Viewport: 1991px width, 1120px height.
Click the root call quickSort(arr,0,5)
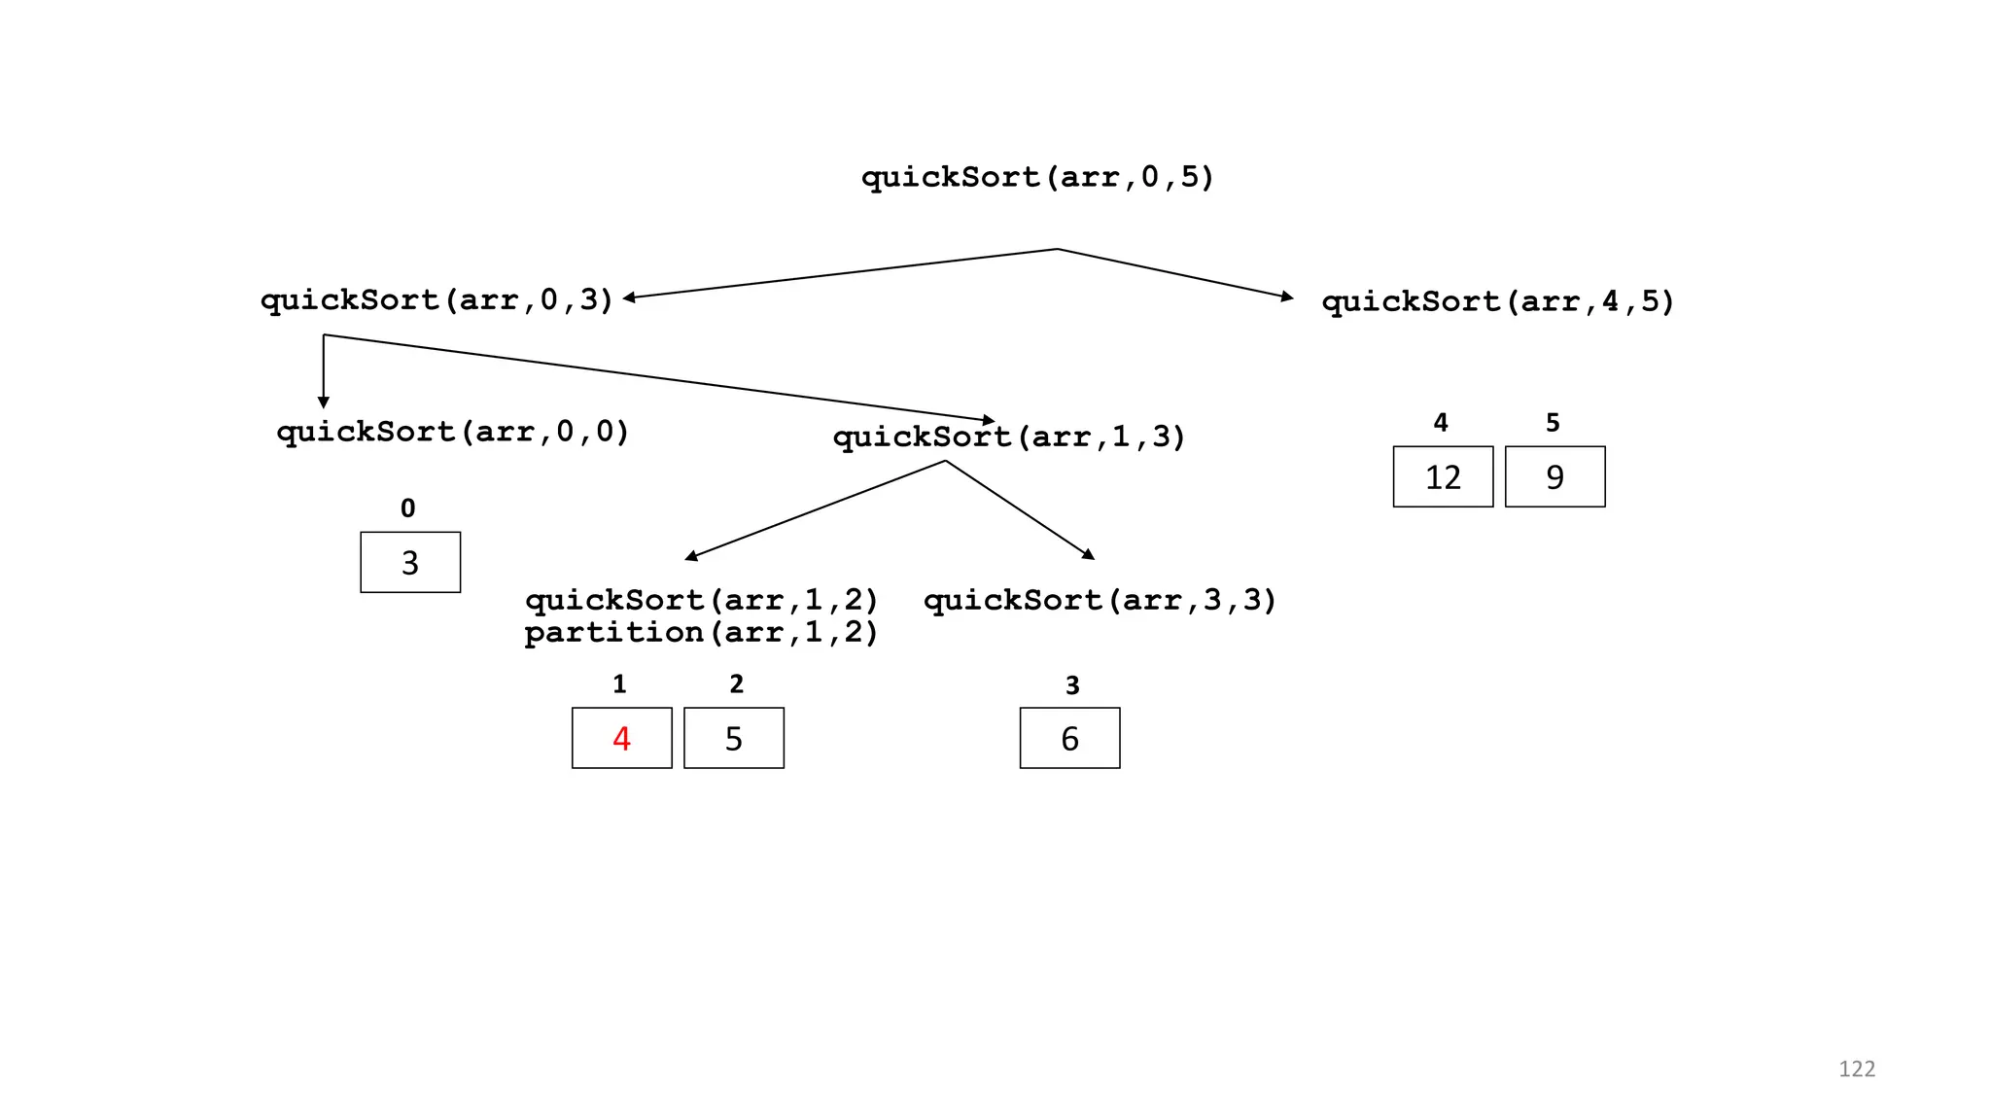[1037, 177]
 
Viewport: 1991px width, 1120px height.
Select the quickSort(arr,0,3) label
[437, 299]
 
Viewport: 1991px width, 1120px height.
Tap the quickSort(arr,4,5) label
[1497, 301]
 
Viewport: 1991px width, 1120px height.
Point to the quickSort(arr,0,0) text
[453, 431]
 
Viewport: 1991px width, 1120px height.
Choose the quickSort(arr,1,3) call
[1009, 437]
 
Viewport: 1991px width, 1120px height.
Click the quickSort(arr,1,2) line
[701, 599]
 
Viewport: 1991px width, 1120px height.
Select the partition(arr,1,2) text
[701, 632]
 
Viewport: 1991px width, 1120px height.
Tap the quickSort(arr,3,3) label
[1100, 599]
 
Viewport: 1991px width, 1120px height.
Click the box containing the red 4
[621, 738]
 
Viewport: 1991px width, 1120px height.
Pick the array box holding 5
[734, 738]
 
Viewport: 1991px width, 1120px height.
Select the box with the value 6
[1069, 738]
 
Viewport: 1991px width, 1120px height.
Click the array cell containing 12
[1443, 476]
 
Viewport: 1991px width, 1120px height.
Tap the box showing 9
[1554, 476]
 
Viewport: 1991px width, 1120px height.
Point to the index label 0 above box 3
[408, 508]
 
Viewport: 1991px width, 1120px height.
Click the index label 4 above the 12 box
[1441, 423]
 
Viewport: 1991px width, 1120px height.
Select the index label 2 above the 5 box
[736, 684]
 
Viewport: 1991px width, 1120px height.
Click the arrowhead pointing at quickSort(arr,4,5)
[1287, 296]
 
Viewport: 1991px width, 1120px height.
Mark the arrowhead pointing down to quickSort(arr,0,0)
[324, 402]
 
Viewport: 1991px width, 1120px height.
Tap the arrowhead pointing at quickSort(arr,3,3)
[1089, 554]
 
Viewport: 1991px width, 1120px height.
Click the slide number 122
[1856, 1068]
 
